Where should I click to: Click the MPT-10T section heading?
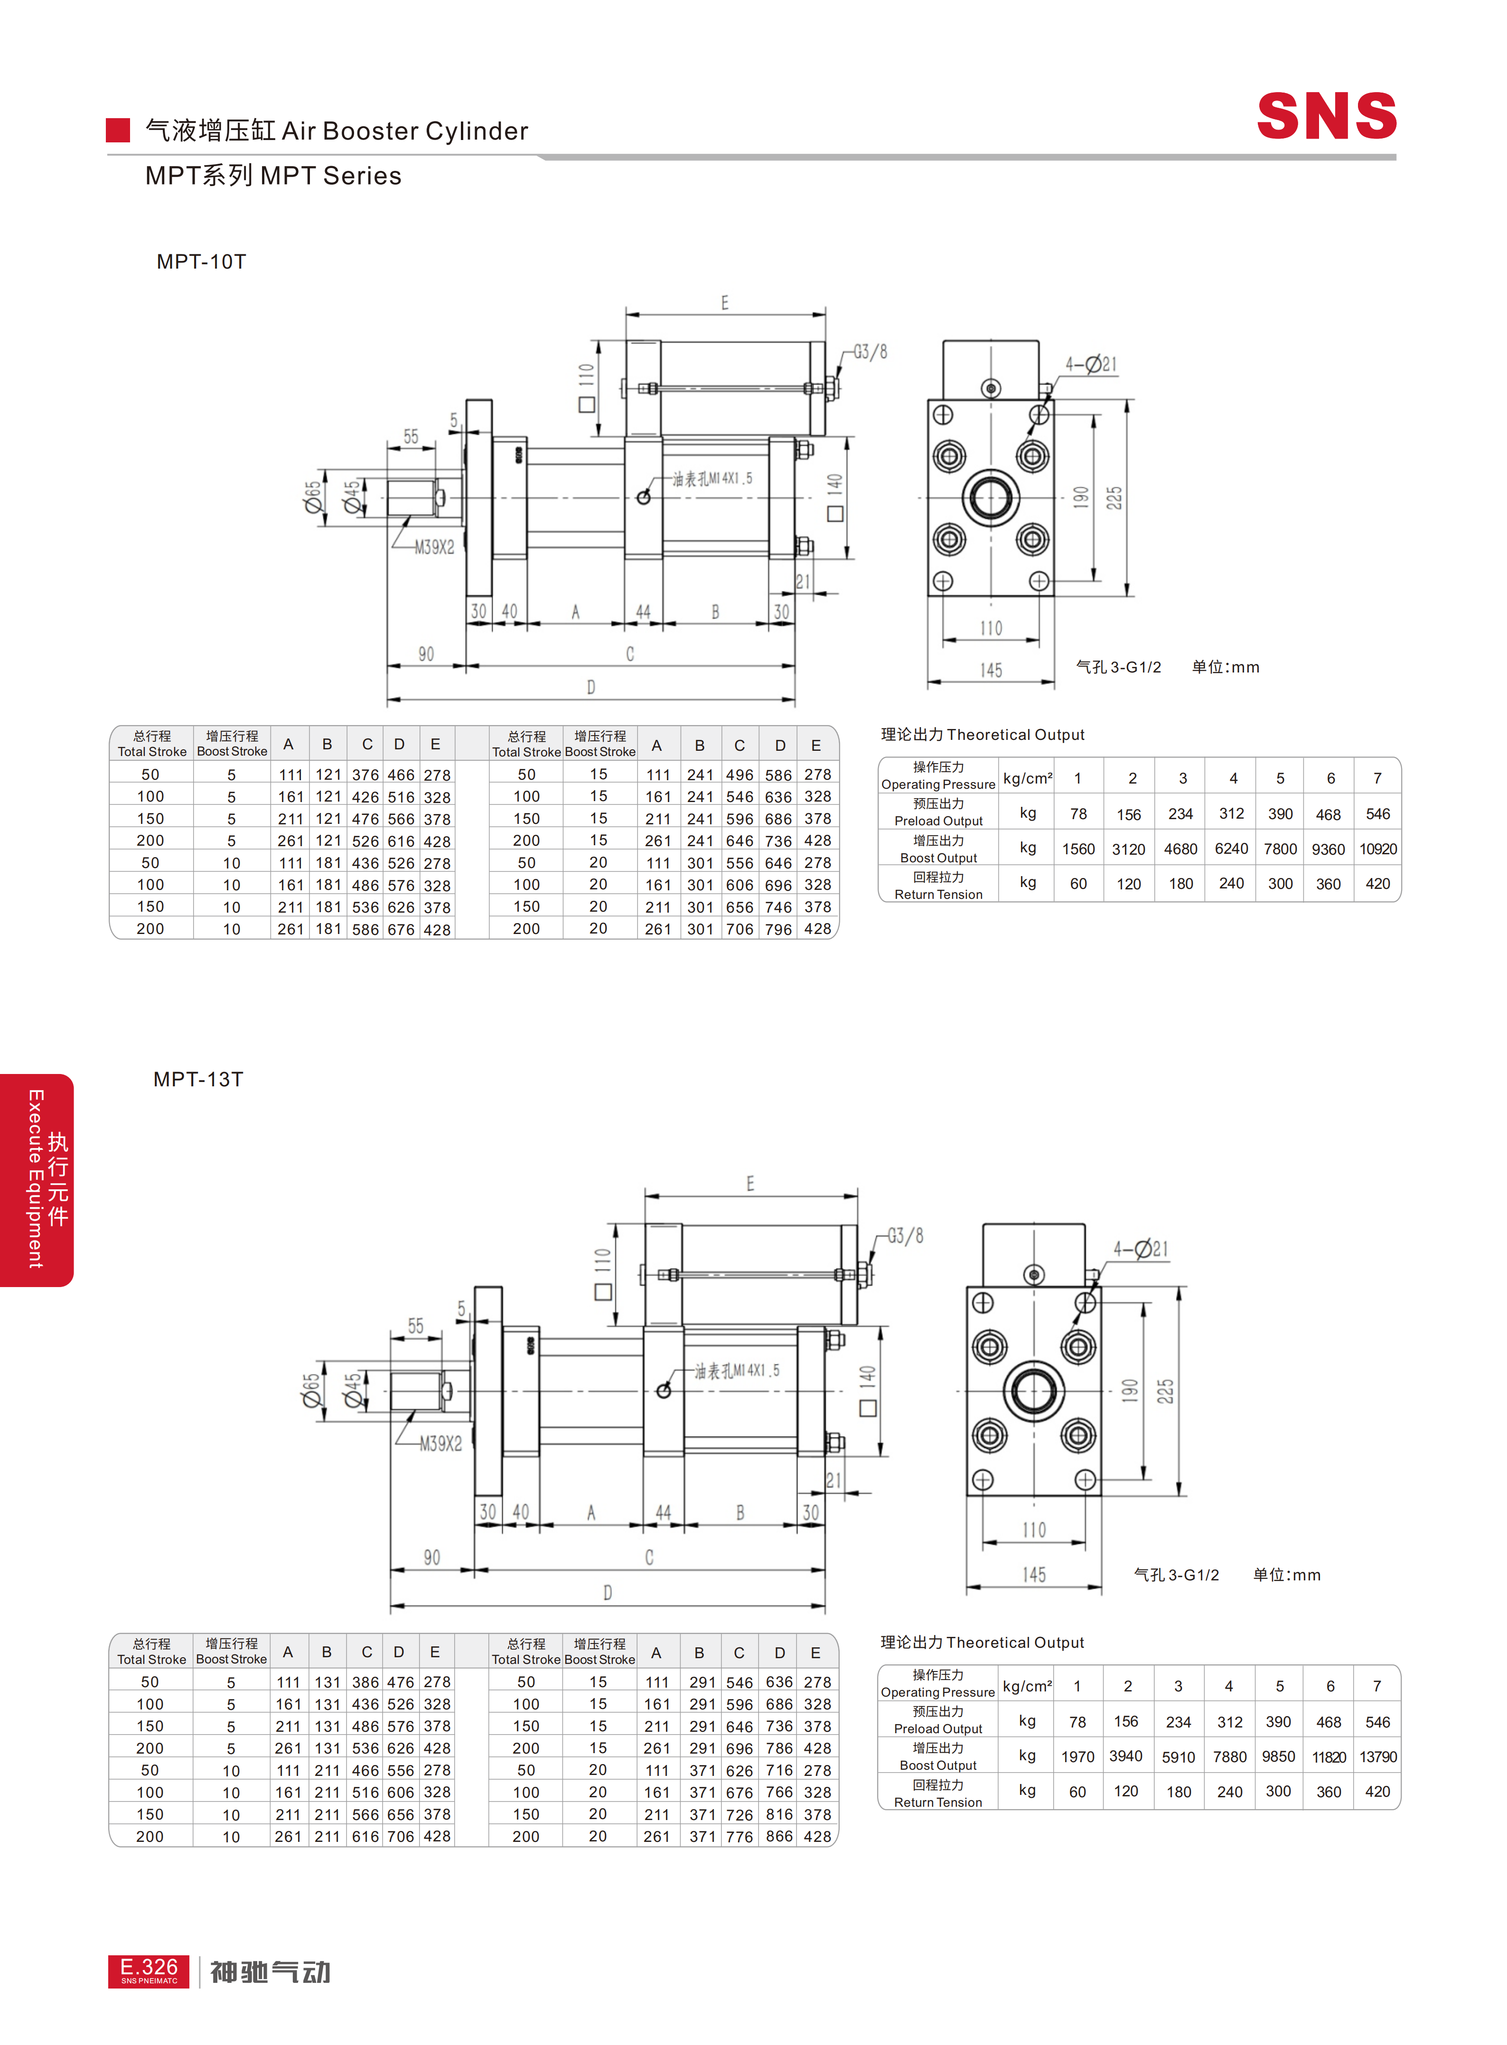point(201,262)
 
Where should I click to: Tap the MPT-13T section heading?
point(198,1079)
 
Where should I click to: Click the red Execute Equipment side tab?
point(37,1179)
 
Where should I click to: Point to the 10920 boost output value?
point(1377,849)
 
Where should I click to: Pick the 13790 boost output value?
point(1377,1757)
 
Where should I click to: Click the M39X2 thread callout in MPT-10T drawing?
point(434,547)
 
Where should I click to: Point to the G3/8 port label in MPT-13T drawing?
point(905,1236)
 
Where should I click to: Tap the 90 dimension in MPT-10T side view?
point(426,654)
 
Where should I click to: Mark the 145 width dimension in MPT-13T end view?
point(1034,1574)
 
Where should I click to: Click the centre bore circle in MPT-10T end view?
point(991,498)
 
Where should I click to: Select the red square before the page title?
point(118,131)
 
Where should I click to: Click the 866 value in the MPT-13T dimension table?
point(779,1836)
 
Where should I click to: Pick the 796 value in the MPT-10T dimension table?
point(779,929)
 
